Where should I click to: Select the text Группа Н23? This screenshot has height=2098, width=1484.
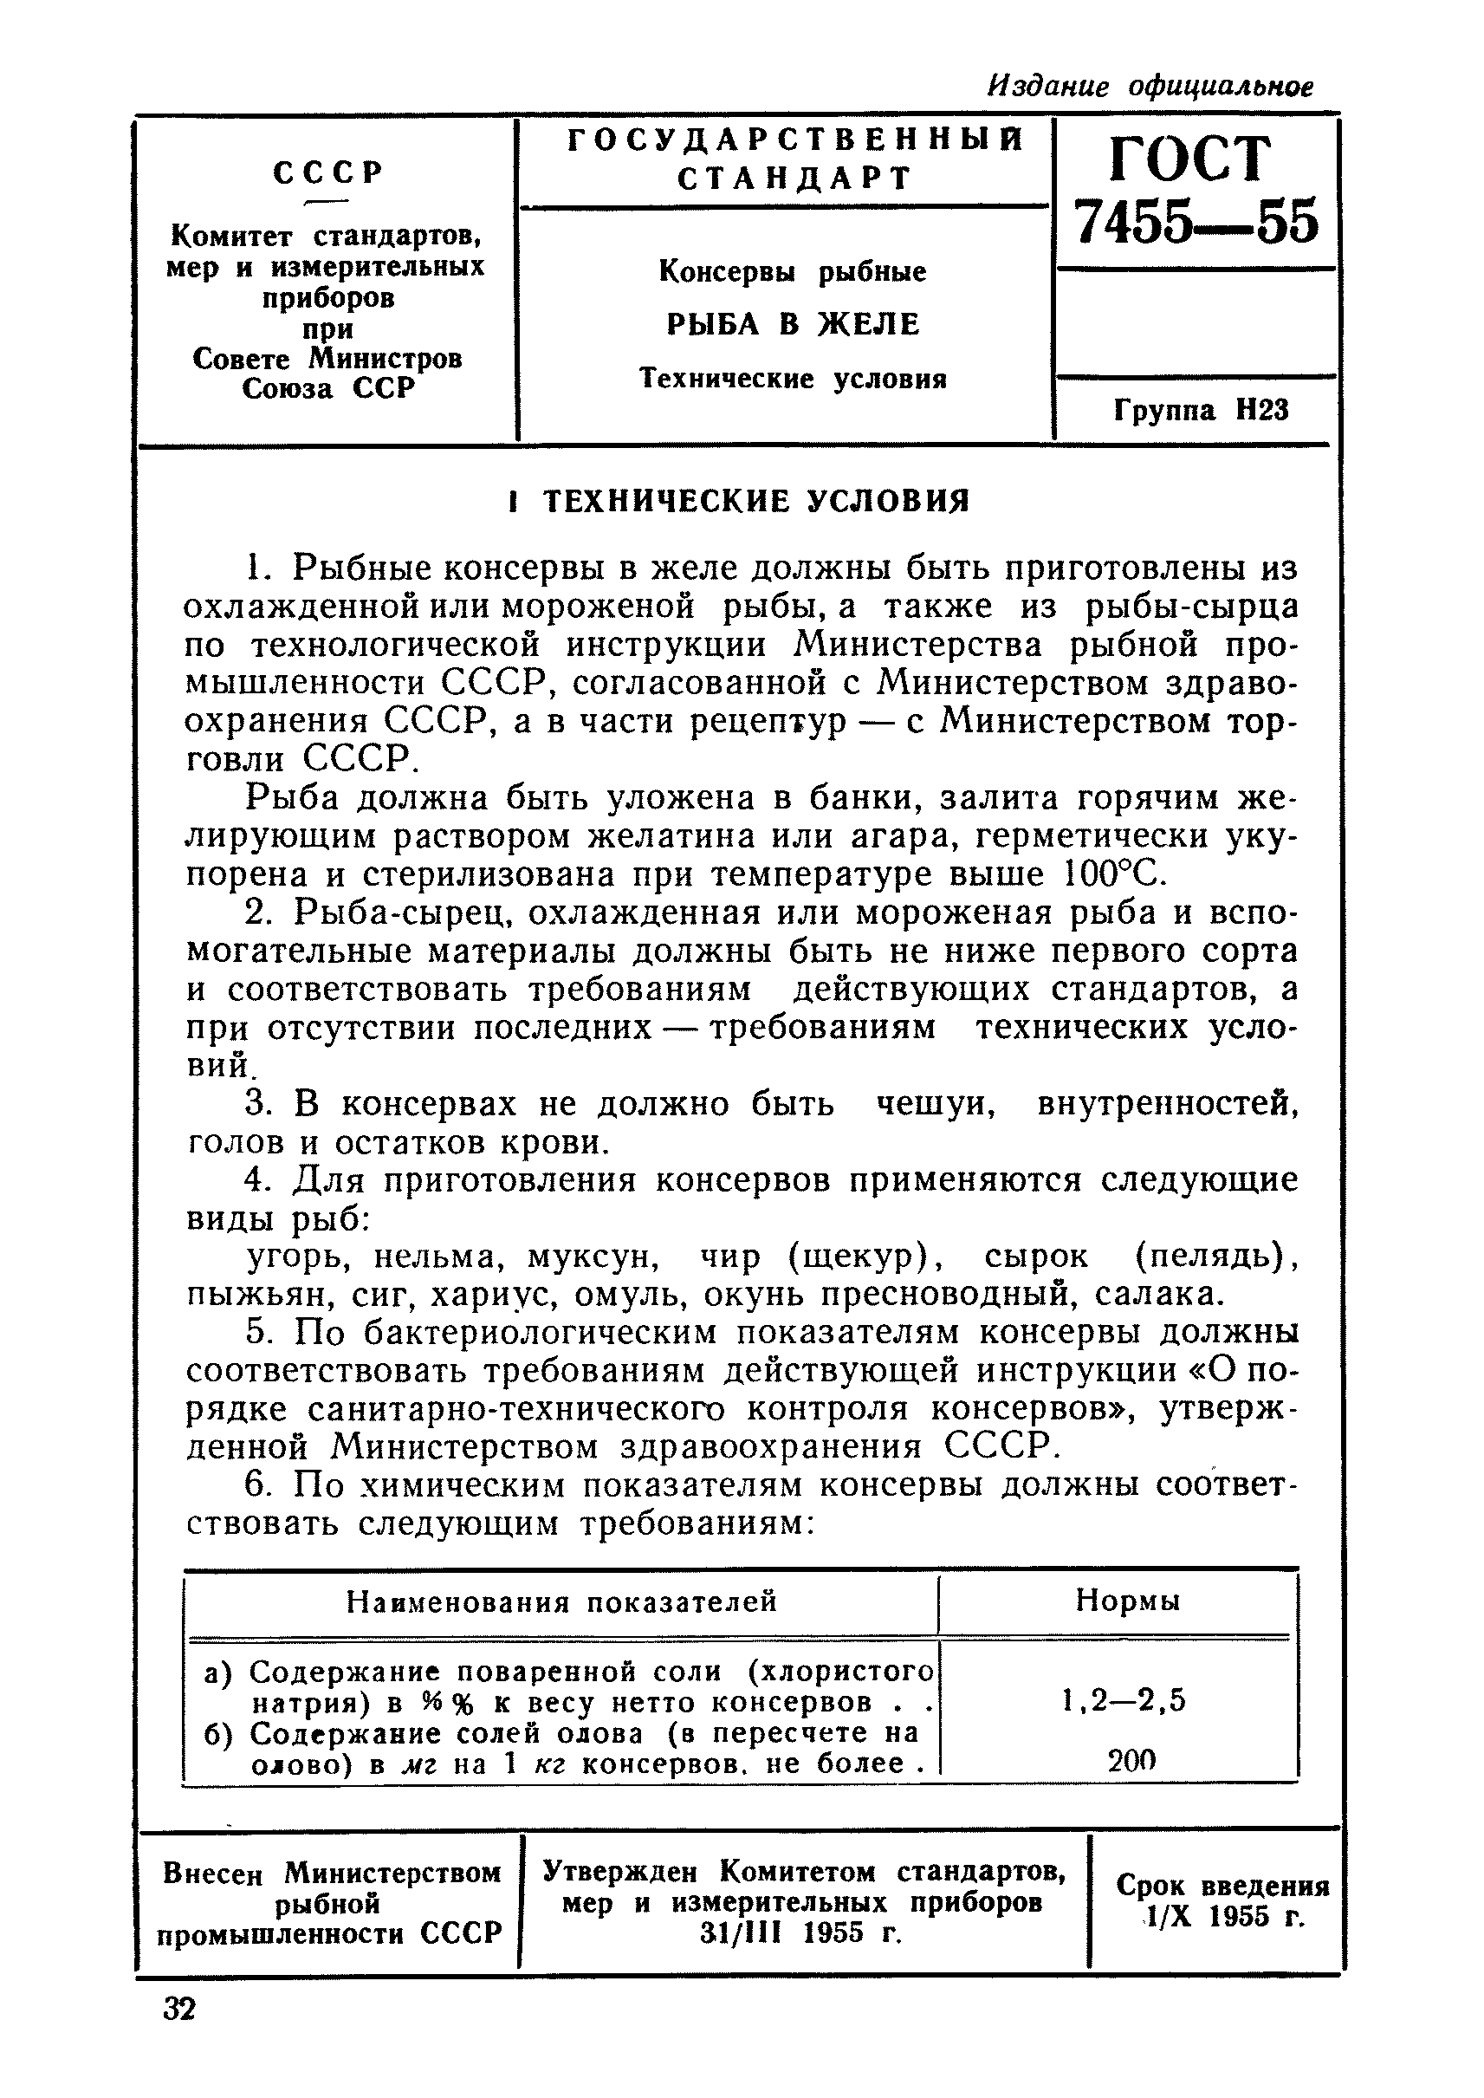click(1201, 411)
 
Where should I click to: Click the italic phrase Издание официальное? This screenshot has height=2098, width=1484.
click(1150, 87)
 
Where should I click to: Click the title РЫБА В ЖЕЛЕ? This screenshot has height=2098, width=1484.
click(793, 323)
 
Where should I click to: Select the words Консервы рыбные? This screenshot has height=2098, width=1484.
click(793, 271)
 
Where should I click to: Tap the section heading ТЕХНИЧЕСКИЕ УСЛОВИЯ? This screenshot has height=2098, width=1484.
click(755, 501)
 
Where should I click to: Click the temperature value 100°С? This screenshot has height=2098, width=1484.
click(1116, 875)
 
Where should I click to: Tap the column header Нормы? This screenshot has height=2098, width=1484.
click(1127, 1600)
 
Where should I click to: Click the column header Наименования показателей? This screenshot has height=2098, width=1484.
click(561, 1601)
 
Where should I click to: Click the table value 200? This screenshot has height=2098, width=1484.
click(1131, 1761)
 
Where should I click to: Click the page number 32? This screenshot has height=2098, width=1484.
click(179, 2009)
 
